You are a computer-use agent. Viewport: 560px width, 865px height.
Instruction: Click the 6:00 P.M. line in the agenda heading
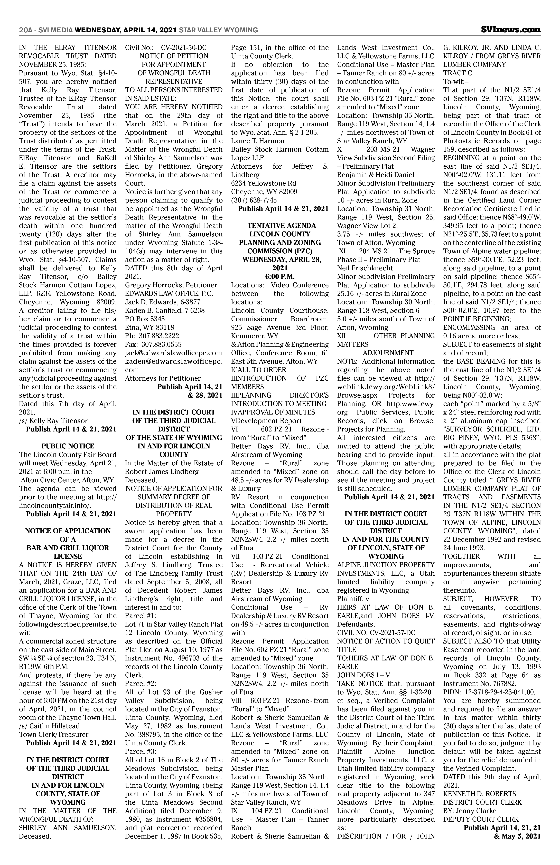280,276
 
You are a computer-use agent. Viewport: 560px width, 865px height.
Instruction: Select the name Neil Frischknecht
365,268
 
